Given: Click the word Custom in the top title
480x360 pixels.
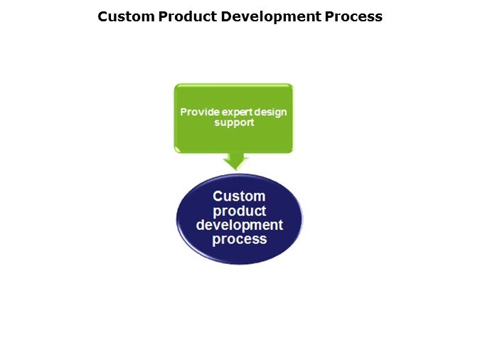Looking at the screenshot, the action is [126, 16].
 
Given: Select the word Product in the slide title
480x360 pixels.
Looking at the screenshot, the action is [188, 16].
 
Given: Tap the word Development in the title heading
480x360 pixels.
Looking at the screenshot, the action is [271, 17].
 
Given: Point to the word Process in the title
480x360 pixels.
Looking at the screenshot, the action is [353, 16].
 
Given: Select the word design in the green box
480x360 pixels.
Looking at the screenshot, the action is [270, 112].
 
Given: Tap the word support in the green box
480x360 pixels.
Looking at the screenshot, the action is [234, 122].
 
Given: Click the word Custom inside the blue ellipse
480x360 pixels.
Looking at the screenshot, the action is [239, 196].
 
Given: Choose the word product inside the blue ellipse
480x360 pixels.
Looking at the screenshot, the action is [240, 211].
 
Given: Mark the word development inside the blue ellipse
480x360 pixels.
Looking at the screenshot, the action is [240, 226].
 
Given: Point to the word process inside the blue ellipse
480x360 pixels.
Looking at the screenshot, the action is [240, 239].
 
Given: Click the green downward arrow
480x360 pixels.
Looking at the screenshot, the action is [236, 162].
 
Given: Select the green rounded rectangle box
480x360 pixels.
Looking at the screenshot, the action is [233, 118].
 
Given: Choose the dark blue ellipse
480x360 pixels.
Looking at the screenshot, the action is [240, 219].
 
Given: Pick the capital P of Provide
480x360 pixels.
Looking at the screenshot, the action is [183, 112].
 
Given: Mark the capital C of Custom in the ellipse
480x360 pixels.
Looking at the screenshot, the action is [218, 196].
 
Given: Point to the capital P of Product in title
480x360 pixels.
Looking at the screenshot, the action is [163, 16].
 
